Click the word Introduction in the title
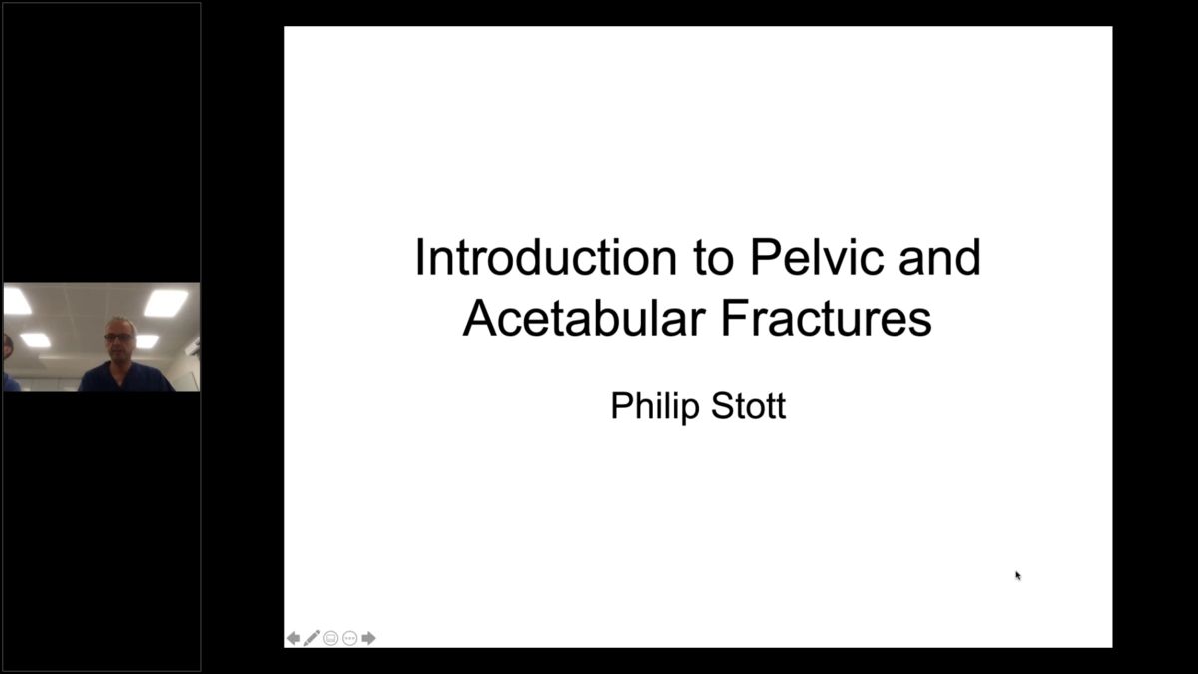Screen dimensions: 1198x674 point(546,258)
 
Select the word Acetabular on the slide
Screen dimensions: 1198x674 point(584,319)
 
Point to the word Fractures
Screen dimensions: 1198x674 point(827,319)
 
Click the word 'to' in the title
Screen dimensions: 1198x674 point(714,259)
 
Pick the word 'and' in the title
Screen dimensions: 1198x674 point(939,257)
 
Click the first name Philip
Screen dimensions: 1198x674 point(655,407)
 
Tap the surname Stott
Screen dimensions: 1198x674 point(748,406)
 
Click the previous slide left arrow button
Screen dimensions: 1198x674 point(294,638)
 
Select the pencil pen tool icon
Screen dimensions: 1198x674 point(312,638)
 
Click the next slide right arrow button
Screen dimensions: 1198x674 point(369,638)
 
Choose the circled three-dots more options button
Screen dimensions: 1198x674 point(349,638)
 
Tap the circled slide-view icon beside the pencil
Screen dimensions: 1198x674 point(331,638)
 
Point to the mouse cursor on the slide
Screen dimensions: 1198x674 point(1018,575)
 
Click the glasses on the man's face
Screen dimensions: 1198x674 point(118,337)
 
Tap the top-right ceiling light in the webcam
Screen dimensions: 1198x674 point(166,303)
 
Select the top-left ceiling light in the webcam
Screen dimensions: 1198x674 point(16,301)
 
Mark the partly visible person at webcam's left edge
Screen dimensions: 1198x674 point(10,362)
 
